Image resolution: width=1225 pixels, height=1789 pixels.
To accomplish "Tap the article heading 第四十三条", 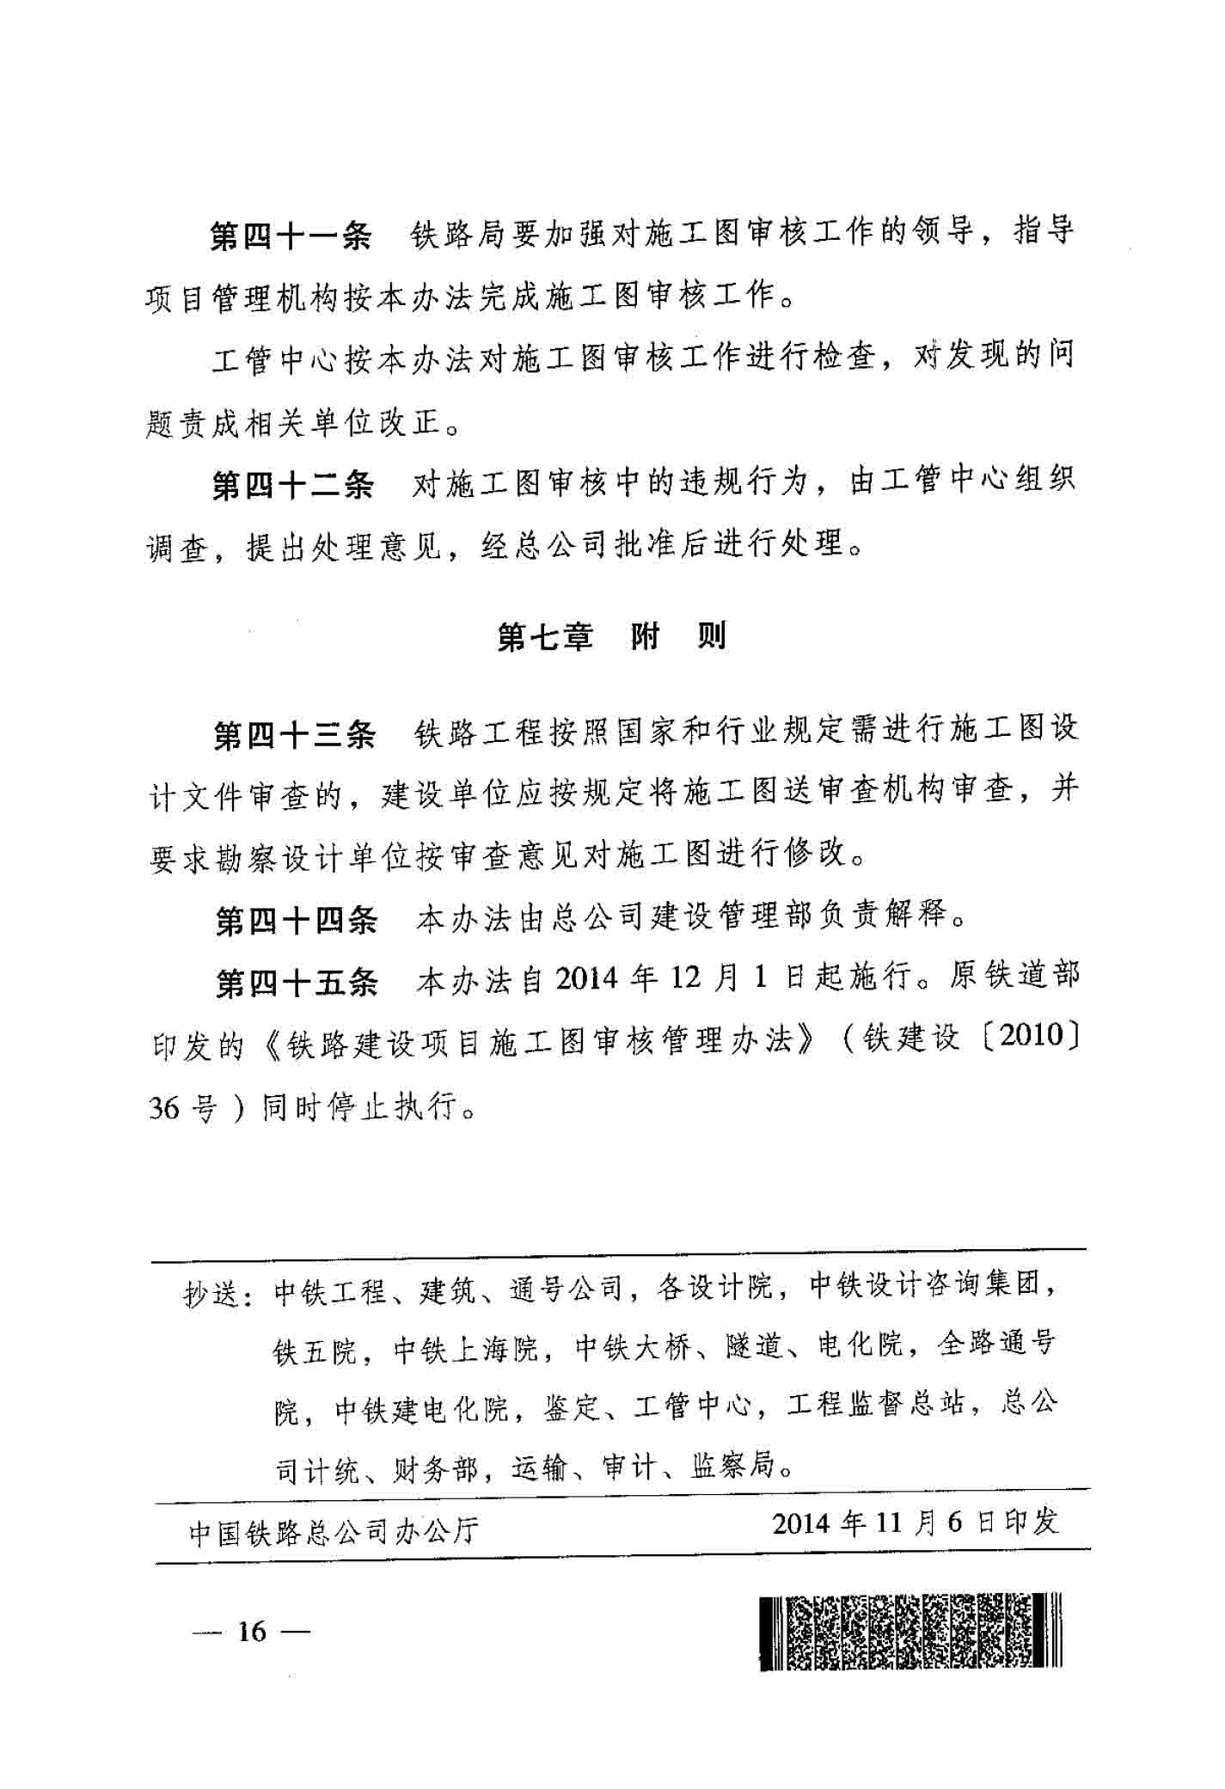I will [x=294, y=735].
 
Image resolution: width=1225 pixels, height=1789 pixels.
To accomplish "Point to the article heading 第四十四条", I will [x=296, y=921].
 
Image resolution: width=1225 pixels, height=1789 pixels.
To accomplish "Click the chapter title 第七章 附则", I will [x=611, y=637].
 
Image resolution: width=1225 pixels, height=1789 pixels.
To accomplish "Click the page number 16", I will [x=253, y=1631].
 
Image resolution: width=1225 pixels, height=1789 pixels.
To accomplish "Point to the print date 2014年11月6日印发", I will [x=915, y=1522].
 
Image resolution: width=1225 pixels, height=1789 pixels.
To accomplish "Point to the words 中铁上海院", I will [x=465, y=1351].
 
